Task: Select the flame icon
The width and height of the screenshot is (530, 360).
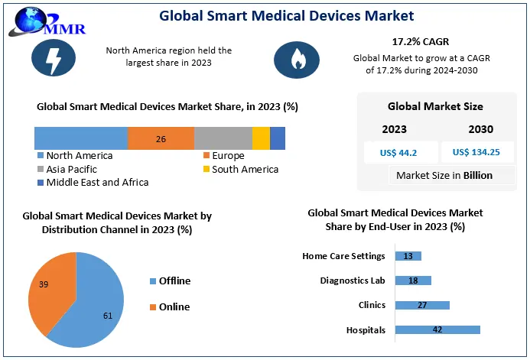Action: (x=295, y=59)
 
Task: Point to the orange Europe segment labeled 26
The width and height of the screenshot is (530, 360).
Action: (x=161, y=138)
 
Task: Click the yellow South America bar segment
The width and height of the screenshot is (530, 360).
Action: (x=261, y=138)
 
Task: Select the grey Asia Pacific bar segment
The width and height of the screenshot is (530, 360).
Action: (x=223, y=138)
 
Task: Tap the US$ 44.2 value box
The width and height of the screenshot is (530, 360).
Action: (x=398, y=152)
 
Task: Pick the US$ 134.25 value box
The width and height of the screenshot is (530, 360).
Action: (x=476, y=152)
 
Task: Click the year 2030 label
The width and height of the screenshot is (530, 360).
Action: (x=480, y=129)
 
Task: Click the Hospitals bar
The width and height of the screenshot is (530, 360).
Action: (x=437, y=330)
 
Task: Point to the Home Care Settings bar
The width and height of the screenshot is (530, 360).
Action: (x=408, y=256)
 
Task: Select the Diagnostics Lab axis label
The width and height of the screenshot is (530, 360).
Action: (x=353, y=281)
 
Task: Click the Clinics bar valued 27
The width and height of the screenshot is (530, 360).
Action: (x=422, y=305)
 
